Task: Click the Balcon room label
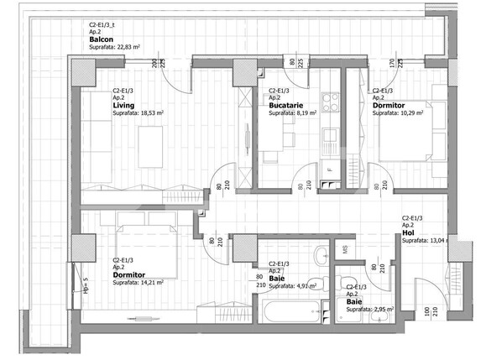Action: [x=102, y=39]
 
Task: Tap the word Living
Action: [x=124, y=105]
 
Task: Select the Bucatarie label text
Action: [x=286, y=105]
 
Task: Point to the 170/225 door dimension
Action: [x=397, y=62]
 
